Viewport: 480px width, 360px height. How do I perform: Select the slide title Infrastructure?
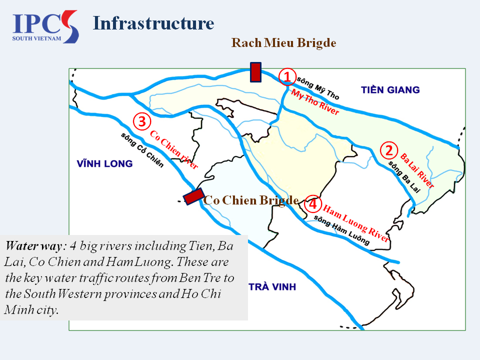153,23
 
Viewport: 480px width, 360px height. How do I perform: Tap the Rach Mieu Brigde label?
283,43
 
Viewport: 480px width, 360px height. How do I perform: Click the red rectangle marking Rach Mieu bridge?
255,72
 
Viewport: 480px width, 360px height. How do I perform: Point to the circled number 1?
287,76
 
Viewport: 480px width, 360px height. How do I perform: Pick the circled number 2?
388,150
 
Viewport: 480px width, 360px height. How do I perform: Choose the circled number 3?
141,121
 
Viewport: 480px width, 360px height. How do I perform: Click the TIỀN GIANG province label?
390,90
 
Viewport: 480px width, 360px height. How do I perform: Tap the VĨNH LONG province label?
104,163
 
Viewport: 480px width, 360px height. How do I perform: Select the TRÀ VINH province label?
272,287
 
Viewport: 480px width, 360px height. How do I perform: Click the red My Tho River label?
315,102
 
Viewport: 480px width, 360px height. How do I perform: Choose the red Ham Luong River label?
355,223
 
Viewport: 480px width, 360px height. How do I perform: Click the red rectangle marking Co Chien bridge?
193,196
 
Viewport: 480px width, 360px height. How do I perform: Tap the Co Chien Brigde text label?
251,200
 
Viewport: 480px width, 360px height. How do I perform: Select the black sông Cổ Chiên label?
142,149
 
